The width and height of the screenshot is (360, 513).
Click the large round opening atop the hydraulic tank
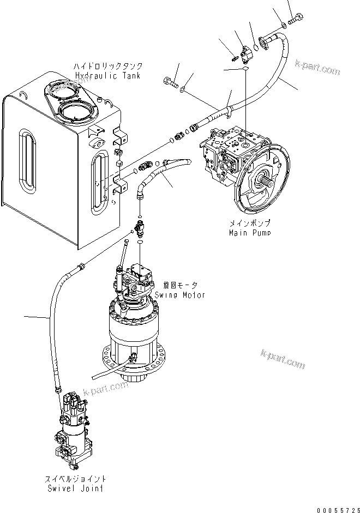point(75,113)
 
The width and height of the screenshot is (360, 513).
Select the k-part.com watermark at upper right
point(316,69)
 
